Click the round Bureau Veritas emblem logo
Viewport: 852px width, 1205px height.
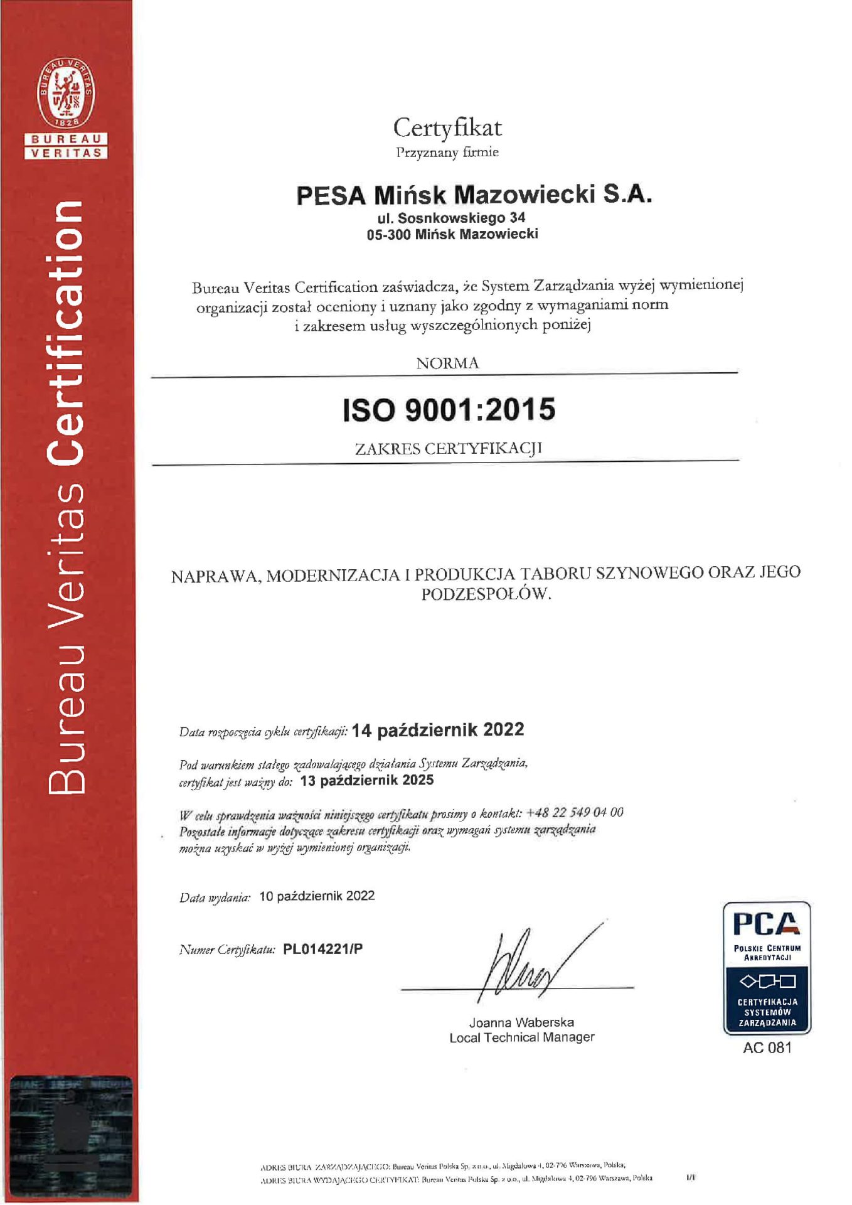coord(66,93)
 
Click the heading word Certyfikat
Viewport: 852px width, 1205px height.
coord(447,128)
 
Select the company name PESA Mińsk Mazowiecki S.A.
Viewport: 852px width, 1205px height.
coord(474,195)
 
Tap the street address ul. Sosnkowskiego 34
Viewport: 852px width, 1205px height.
coord(451,218)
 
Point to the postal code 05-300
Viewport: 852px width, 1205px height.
coord(388,235)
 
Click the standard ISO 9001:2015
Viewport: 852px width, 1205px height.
coord(449,410)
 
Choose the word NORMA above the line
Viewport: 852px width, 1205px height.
coord(447,363)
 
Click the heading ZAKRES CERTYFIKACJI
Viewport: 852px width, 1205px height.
coord(448,449)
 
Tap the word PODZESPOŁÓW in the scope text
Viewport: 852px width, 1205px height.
coord(486,594)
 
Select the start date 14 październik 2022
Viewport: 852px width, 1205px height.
coord(437,730)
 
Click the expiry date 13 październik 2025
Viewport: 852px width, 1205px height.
coord(367,780)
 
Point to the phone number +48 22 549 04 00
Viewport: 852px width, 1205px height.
coord(575,813)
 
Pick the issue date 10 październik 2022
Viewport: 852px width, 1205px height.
coord(317,896)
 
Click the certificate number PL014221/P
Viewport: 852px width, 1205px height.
coord(322,948)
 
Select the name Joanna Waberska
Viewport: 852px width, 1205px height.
coord(521,1022)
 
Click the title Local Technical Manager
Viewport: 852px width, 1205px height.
coord(521,1037)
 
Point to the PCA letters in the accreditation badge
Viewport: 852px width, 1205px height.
coord(766,924)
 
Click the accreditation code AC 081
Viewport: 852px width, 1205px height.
coord(767,1047)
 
